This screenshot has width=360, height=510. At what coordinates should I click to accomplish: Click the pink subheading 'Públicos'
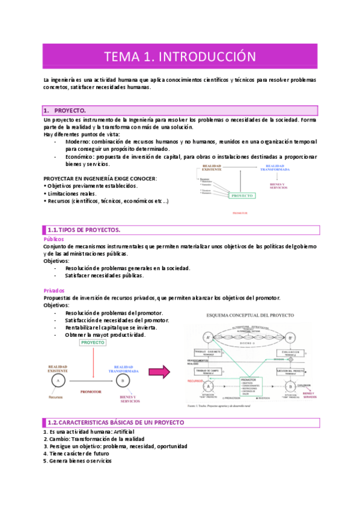[54, 239]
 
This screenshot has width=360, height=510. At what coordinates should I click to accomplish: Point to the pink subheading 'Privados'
[54, 290]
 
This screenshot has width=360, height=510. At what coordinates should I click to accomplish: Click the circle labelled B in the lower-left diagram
[124, 381]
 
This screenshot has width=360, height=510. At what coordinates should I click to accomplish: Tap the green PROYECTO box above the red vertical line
[93, 342]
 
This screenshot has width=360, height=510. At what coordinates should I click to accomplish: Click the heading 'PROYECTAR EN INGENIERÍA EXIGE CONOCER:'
[100, 179]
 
